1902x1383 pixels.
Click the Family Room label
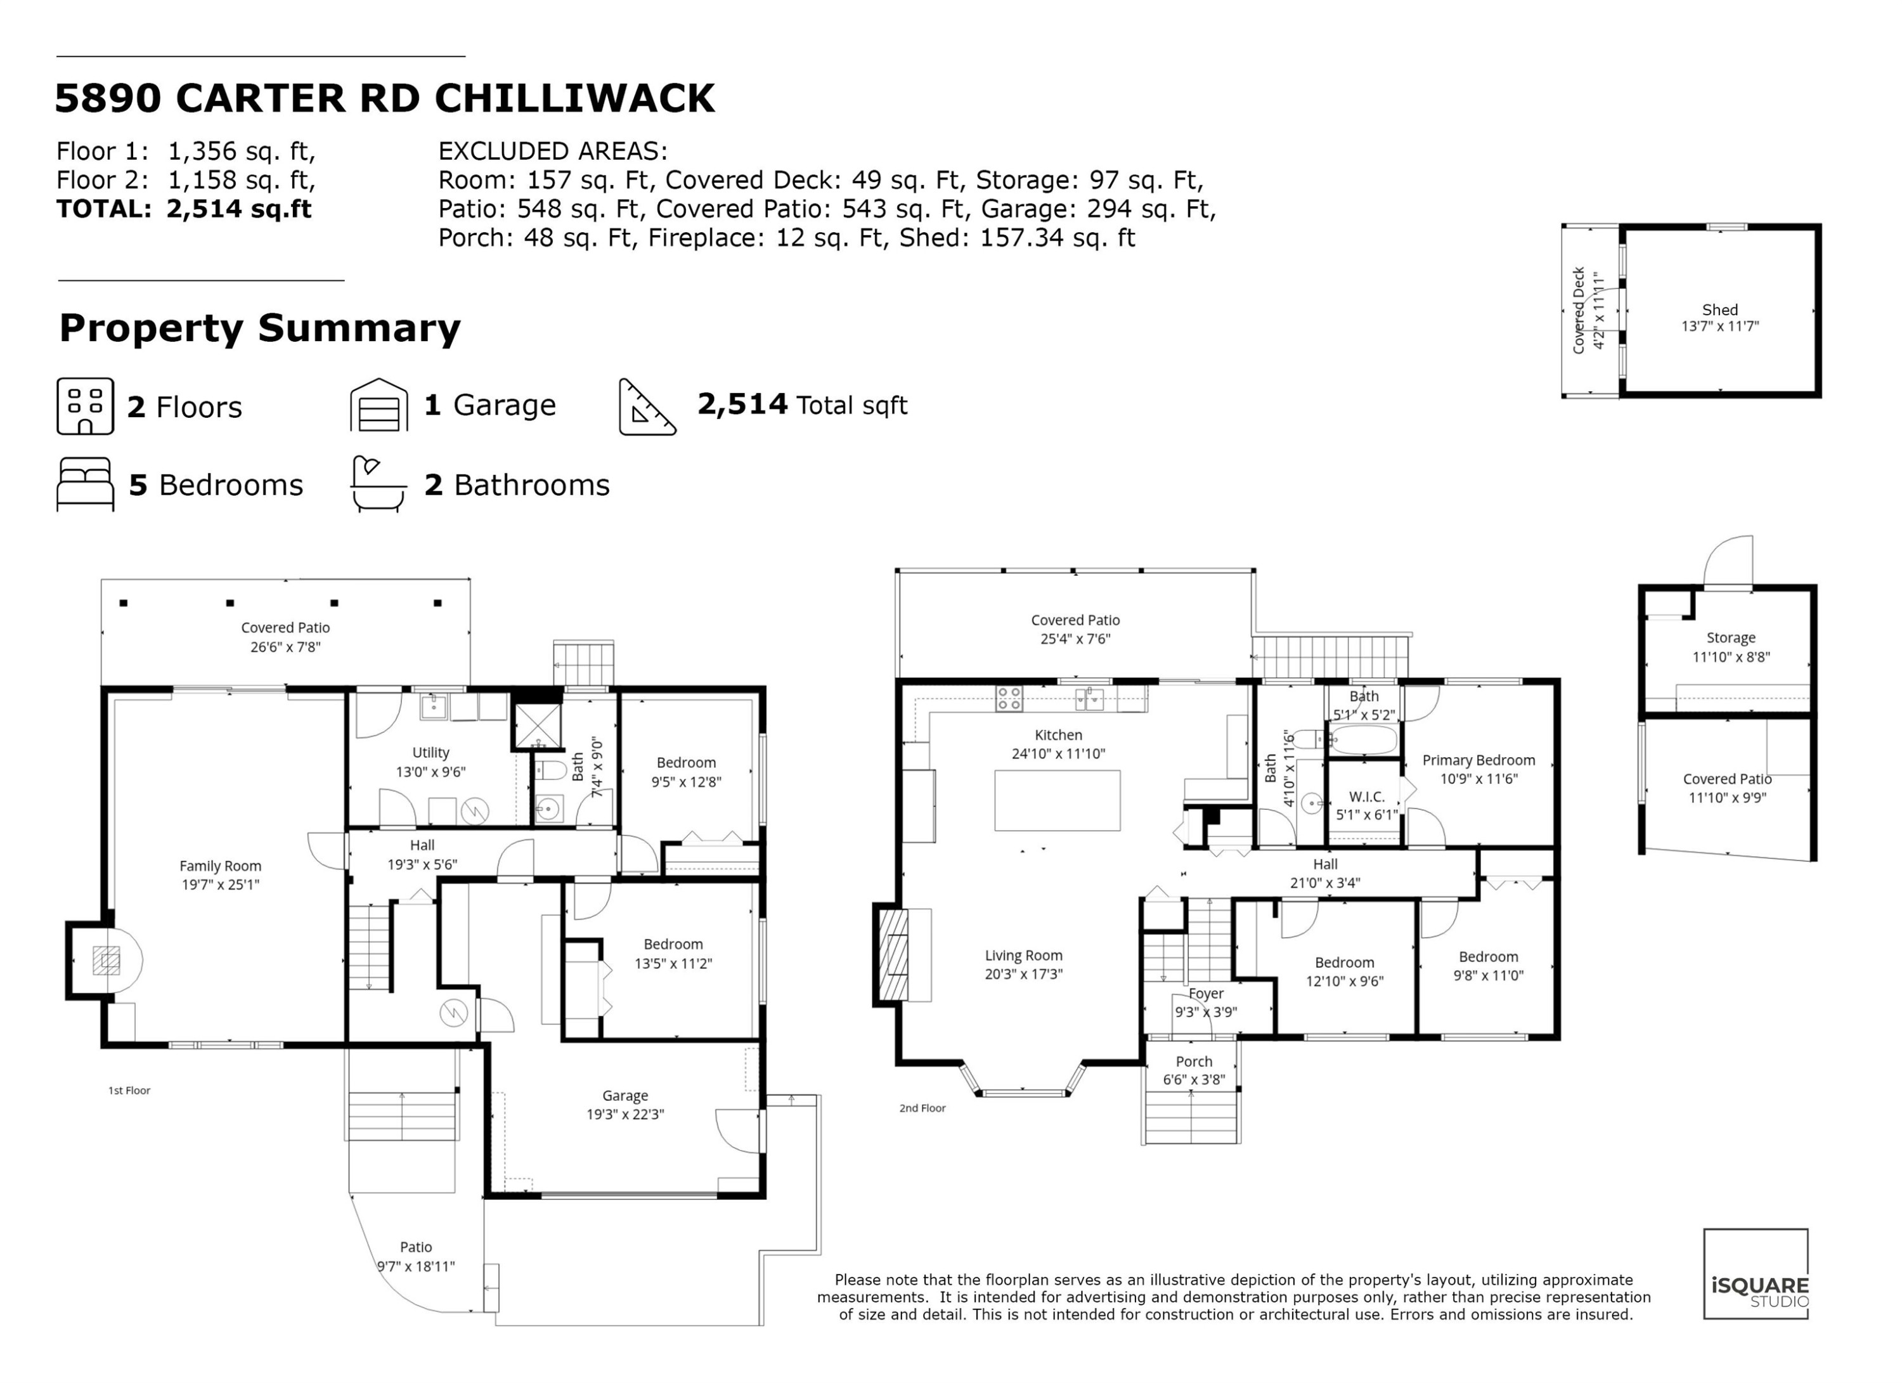[x=220, y=866]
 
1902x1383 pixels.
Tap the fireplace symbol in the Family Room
[x=107, y=959]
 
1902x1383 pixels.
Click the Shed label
[x=1719, y=309]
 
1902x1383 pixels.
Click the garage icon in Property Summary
[x=379, y=405]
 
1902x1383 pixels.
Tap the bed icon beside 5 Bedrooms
[x=85, y=484]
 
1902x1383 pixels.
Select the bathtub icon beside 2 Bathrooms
[x=377, y=484]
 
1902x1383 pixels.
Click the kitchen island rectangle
[x=1057, y=800]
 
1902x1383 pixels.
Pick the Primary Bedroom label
[x=1478, y=760]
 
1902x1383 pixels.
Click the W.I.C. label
[x=1366, y=796]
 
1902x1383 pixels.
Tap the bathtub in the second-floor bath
[x=1364, y=740]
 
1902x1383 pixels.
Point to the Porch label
[x=1193, y=1061]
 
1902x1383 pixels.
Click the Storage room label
[x=1730, y=637]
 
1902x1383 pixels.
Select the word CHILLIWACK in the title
[x=574, y=98]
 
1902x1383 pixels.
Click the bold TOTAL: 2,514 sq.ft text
[x=184, y=209]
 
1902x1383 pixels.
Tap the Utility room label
[x=430, y=752]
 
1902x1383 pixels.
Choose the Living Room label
[x=1023, y=955]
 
